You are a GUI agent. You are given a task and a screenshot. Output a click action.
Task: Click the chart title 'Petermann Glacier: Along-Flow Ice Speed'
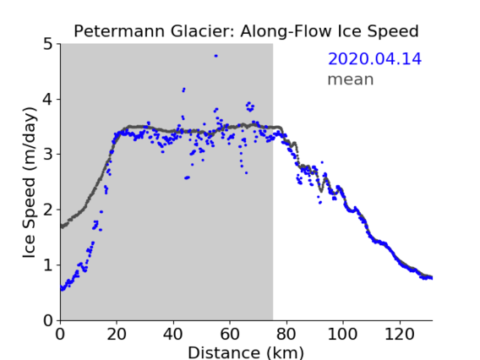tap(246, 31)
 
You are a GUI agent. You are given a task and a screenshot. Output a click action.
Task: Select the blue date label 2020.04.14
tap(374, 59)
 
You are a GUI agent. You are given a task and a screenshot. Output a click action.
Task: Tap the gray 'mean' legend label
tap(351, 79)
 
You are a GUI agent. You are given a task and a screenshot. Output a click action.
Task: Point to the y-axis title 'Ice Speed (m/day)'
tap(30, 183)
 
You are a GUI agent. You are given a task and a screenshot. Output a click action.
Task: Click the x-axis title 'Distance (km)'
tap(246, 352)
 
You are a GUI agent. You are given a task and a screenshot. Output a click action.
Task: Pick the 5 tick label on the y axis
tap(48, 45)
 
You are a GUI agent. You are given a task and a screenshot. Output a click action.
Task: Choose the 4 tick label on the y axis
tap(48, 100)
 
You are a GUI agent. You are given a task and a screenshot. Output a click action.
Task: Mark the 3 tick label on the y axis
tap(48, 155)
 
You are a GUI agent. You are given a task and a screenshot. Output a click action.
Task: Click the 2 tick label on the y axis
tap(48, 210)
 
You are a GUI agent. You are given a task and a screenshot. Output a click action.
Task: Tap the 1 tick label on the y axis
tap(48, 265)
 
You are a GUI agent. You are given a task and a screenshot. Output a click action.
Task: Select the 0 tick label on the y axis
tap(48, 320)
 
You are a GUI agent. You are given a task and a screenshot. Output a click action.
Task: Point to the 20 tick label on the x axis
tap(117, 334)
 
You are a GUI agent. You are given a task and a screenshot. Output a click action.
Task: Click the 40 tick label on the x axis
tap(173, 334)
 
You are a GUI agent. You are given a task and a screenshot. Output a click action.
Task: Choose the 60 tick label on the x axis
tap(230, 334)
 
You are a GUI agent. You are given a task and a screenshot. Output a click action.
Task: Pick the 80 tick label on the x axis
tap(286, 334)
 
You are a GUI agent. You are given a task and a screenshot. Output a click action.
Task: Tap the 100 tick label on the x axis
tap(342, 334)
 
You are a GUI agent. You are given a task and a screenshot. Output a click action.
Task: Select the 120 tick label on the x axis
tap(400, 334)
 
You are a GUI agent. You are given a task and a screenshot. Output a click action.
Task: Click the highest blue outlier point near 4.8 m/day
tap(215, 56)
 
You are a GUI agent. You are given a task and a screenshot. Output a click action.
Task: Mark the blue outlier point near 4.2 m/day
tap(183, 90)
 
